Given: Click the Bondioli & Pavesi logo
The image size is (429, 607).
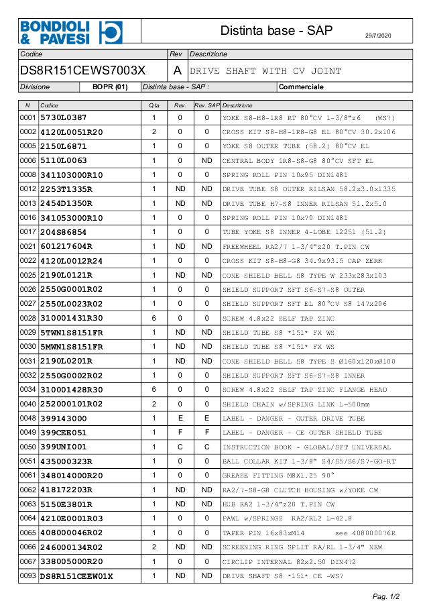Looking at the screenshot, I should (x=70, y=31).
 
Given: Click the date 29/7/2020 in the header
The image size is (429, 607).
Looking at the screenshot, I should (x=382, y=34).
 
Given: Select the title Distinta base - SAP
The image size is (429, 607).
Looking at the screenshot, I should (x=277, y=31).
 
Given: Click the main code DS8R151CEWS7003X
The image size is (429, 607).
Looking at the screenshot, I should (x=83, y=70).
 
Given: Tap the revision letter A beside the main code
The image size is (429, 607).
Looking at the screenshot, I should (x=177, y=70).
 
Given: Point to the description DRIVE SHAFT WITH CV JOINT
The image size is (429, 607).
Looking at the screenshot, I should (x=266, y=71).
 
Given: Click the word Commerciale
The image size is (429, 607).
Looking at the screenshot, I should (x=301, y=87).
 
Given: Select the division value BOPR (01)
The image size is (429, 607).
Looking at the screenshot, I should (x=110, y=87).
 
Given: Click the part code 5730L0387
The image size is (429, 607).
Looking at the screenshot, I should (x=64, y=117).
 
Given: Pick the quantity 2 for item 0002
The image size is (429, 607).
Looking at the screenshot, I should (x=154, y=131).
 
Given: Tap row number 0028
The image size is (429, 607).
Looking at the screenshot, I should (x=28, y=318).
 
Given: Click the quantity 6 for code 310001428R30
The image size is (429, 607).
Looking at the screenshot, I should (x=154, y=389).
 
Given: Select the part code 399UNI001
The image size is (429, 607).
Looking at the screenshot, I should (x=64, y=447).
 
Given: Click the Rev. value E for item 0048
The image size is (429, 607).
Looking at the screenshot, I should (x=180, y=419).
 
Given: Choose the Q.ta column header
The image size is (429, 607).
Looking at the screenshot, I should (x=154, y=105).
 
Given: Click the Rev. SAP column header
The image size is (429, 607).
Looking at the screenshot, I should (x=206, y=105).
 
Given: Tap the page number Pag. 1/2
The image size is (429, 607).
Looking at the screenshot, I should (x=386, y=596).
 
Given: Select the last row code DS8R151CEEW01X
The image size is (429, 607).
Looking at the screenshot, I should (x=76, y=575).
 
